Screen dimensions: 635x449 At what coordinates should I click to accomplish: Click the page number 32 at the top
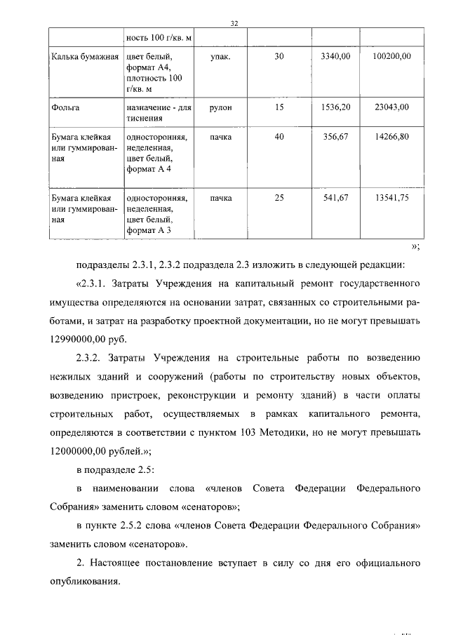pos(235,23)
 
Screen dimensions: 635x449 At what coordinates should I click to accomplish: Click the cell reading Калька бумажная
pos(84,55)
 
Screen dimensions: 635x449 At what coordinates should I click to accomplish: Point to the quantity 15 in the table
pos(279,107)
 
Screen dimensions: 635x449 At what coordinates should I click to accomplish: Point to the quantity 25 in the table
pos(279,197)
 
